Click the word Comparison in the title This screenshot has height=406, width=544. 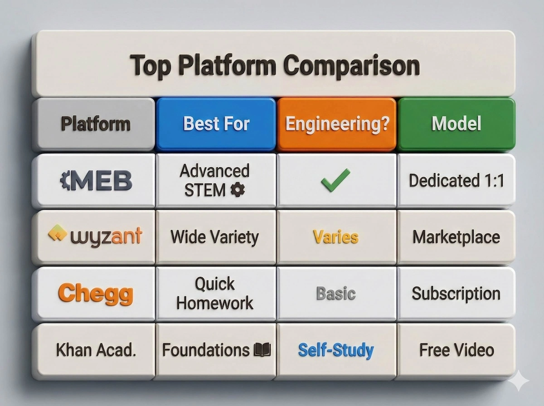tap(351, 65)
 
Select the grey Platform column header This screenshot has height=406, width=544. tap(95, 124)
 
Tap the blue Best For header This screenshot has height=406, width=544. tap(216, 124)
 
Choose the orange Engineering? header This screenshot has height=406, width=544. tap(337, 124)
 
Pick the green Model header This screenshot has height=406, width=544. tap(456, 124)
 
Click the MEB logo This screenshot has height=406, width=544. tap(96, 181)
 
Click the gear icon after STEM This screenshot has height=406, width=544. tap(238, 190)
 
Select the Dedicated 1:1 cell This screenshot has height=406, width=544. tap(456, 180)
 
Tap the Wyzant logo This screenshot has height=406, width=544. tap(95, 236)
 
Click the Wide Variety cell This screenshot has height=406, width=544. tap(214, 237)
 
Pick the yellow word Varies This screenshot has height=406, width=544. tap(335, 237)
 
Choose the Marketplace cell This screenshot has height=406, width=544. tap(456, 237)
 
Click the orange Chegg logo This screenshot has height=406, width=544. tap(96, 294)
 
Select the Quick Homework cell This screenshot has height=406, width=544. tap(215, 294)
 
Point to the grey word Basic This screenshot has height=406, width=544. tap(335, 294)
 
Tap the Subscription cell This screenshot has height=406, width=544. tap(456, 294)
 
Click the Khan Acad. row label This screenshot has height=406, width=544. tap(96, 350)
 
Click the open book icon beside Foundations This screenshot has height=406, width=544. tap(262, 349)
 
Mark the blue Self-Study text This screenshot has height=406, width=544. tap(335, 350)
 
